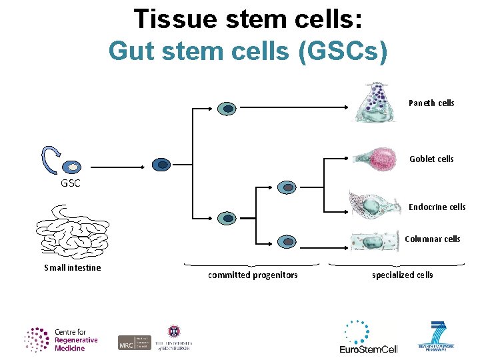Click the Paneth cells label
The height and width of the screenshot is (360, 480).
point(431,103)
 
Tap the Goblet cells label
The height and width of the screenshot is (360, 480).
point(431,159)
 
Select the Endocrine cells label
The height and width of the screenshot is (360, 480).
point(437,207)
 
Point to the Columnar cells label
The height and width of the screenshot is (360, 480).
point(432,239)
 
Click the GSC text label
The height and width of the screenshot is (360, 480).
point(70,183)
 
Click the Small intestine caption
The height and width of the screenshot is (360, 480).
point(73,267)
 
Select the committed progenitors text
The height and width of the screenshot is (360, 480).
point(253,275)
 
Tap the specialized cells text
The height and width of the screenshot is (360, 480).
point(402,275)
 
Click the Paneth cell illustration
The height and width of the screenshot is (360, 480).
point(378,103)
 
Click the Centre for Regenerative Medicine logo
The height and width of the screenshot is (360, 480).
point(61,339)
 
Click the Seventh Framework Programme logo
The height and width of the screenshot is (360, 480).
point(440,336)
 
